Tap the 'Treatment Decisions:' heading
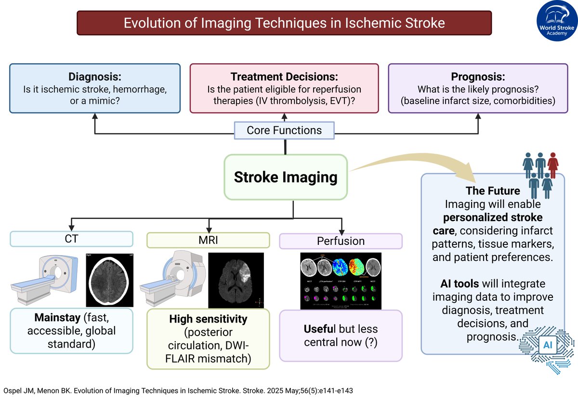coord(284,76)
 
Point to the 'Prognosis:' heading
coord(478,76)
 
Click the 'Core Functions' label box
coord(284,130)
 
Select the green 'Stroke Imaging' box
coord(285,177)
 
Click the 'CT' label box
coord(71,239)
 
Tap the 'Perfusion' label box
coord(341,241)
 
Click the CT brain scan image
coord(109,281)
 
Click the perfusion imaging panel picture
coord(341,281)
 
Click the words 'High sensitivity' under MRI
coord(208,319)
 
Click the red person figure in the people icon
coord(553,164)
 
